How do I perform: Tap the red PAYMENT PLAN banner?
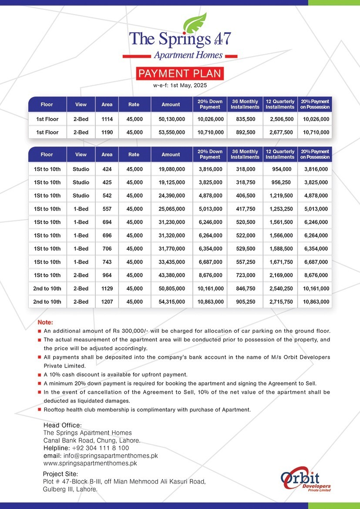[x=180, y=74]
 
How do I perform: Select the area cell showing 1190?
[x=107, y=132]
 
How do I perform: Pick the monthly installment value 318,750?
[x=245, y=182]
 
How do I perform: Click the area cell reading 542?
[x=107, y=196]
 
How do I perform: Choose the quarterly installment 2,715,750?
[x=280, y=302]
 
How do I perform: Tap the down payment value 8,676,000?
[x=210, y=275]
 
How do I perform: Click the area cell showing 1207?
[x=107, y=302]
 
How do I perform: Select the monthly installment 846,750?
[x=245, y=288]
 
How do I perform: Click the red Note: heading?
[x=45, y=323]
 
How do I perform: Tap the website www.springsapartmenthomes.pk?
[x=90, y=464]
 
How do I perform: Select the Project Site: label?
[x=61, y=474]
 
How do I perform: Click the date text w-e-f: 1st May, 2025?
[x=180, y=86]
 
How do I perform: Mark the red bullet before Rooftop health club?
[x=40, y=410]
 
